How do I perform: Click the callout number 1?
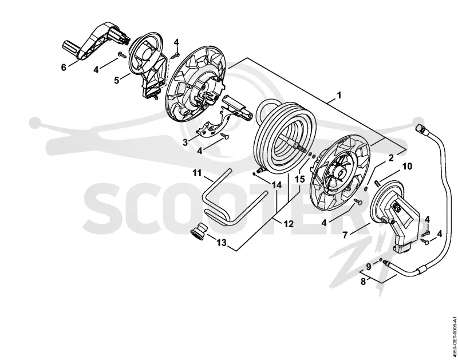(339, 96)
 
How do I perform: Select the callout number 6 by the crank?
(64, 68)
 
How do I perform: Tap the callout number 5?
(117, 80)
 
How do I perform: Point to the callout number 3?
(185, 143)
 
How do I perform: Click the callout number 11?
(197, 173)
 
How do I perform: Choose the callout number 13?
(222, 242)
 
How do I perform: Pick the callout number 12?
(289, 224)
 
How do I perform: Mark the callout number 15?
(300, 179)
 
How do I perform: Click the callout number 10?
(407, 167)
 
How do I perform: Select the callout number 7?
(345, 235)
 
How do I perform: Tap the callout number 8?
(363, 282)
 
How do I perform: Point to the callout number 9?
(368, 267)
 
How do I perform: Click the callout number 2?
(391, 158)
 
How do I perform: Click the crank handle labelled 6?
(88, 47)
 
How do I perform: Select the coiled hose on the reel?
(285, 137)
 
